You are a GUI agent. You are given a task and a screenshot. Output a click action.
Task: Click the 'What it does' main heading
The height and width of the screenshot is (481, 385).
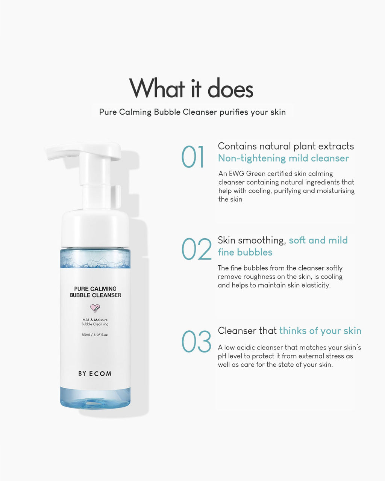[x=191, y=88]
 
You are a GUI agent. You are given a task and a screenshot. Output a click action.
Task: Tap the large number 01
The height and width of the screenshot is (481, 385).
[x=192, y=157]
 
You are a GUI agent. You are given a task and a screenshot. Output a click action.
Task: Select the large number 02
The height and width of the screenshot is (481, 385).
[x=196, y=249]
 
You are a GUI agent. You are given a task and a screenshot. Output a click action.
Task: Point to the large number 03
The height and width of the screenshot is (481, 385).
[x=196, y=342]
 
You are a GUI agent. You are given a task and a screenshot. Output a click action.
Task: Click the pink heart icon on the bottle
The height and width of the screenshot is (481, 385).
[x=95, y=308]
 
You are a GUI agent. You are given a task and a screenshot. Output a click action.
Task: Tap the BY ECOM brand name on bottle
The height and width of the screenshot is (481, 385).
[x=95, y=374]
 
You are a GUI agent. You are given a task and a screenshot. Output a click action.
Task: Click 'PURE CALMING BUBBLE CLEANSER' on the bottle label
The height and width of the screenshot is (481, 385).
[x=95, y=292]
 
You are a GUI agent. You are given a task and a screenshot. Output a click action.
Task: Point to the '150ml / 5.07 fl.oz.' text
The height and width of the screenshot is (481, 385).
[x=95, y=335]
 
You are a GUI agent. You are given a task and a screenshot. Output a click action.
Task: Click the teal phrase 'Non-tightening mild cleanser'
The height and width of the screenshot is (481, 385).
[x=283, y=159]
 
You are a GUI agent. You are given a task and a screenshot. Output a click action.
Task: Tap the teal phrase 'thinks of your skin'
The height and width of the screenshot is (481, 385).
[x=320, y=331]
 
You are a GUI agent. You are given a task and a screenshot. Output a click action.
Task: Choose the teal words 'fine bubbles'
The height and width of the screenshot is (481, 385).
[x=245, y=253]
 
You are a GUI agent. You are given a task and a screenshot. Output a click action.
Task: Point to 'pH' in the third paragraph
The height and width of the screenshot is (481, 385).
[x=222, y=356]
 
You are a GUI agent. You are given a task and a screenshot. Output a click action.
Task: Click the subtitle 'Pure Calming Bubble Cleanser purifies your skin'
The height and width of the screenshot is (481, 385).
[x=192, y=112]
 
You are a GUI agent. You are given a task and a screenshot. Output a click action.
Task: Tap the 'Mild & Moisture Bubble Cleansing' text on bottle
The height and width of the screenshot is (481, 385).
[x=95, y=322]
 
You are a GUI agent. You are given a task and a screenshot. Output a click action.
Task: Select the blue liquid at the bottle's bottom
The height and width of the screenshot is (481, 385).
[x=95, y=398]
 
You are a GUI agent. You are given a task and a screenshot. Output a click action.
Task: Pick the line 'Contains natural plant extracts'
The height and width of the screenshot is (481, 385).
[x=286, y=146]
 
